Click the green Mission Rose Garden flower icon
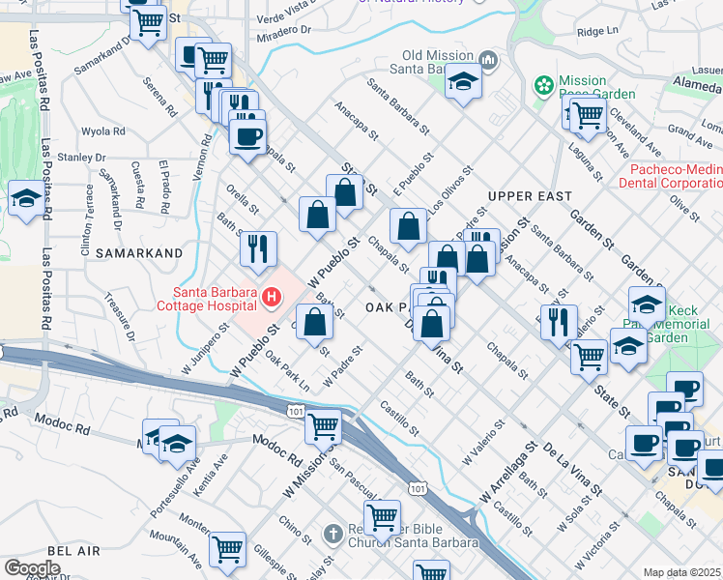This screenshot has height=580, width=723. coord(544,86)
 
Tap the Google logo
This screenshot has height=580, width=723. coord(31,568)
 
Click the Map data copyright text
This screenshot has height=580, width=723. coord(682,572)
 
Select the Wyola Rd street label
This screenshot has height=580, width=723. coord(104,131)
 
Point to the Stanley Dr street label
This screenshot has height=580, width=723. coord(81,158)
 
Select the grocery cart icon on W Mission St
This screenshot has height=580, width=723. coord(322,424)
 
